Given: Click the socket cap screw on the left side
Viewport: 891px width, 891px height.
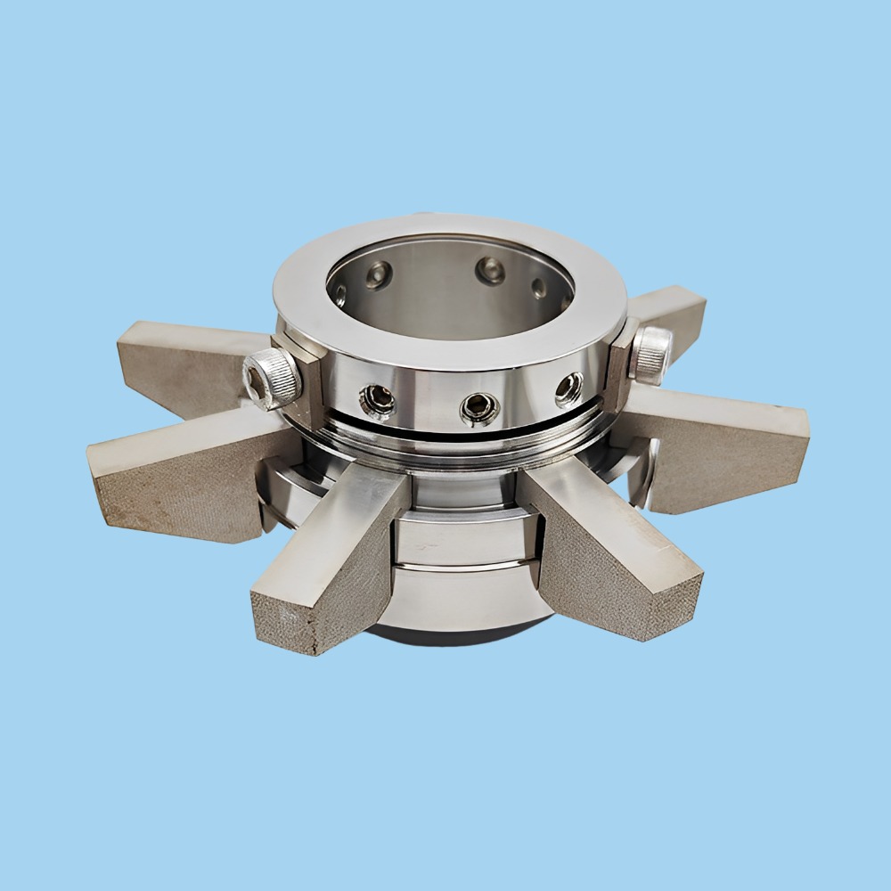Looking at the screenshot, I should tap(272, 378).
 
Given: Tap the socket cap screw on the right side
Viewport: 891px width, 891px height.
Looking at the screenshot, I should tap(650, 354).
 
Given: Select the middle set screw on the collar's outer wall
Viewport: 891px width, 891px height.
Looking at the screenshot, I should tap(479, 408).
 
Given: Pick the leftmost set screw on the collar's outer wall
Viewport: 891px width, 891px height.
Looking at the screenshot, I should tap(377, 401).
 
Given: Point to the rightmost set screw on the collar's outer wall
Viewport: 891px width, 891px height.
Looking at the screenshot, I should tap(568, 388).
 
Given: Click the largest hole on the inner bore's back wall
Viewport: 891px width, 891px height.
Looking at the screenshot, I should tap(489, 271).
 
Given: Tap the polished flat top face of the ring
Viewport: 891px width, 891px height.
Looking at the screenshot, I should tap(445, 339).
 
